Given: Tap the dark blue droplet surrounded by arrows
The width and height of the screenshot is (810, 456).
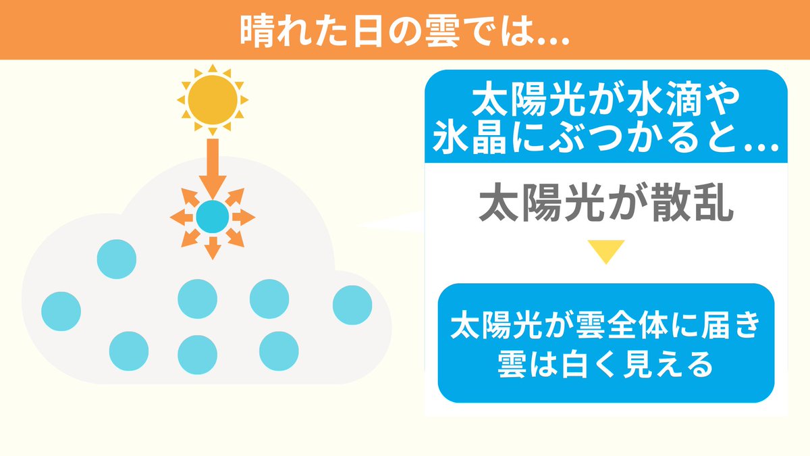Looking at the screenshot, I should [x=213, y=217].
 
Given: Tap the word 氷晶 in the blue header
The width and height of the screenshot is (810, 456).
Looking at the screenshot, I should [x=476, y=143].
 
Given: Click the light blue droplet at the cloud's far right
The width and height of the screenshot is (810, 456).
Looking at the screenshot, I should [x=352, y=305].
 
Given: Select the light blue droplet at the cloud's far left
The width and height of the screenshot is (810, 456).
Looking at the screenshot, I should [x=61, y=311].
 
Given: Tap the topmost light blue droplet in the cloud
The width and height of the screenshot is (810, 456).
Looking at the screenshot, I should [x=117, y=259].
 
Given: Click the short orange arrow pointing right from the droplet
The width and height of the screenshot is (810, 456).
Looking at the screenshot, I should [x=245, y=218].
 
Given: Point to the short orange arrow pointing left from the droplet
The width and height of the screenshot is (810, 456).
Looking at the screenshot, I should [x=180, y=218].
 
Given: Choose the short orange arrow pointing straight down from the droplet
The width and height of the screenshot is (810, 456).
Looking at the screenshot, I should [x=213, y=249].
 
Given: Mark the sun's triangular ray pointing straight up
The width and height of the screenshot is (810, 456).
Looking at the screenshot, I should [x=213, y=68].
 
